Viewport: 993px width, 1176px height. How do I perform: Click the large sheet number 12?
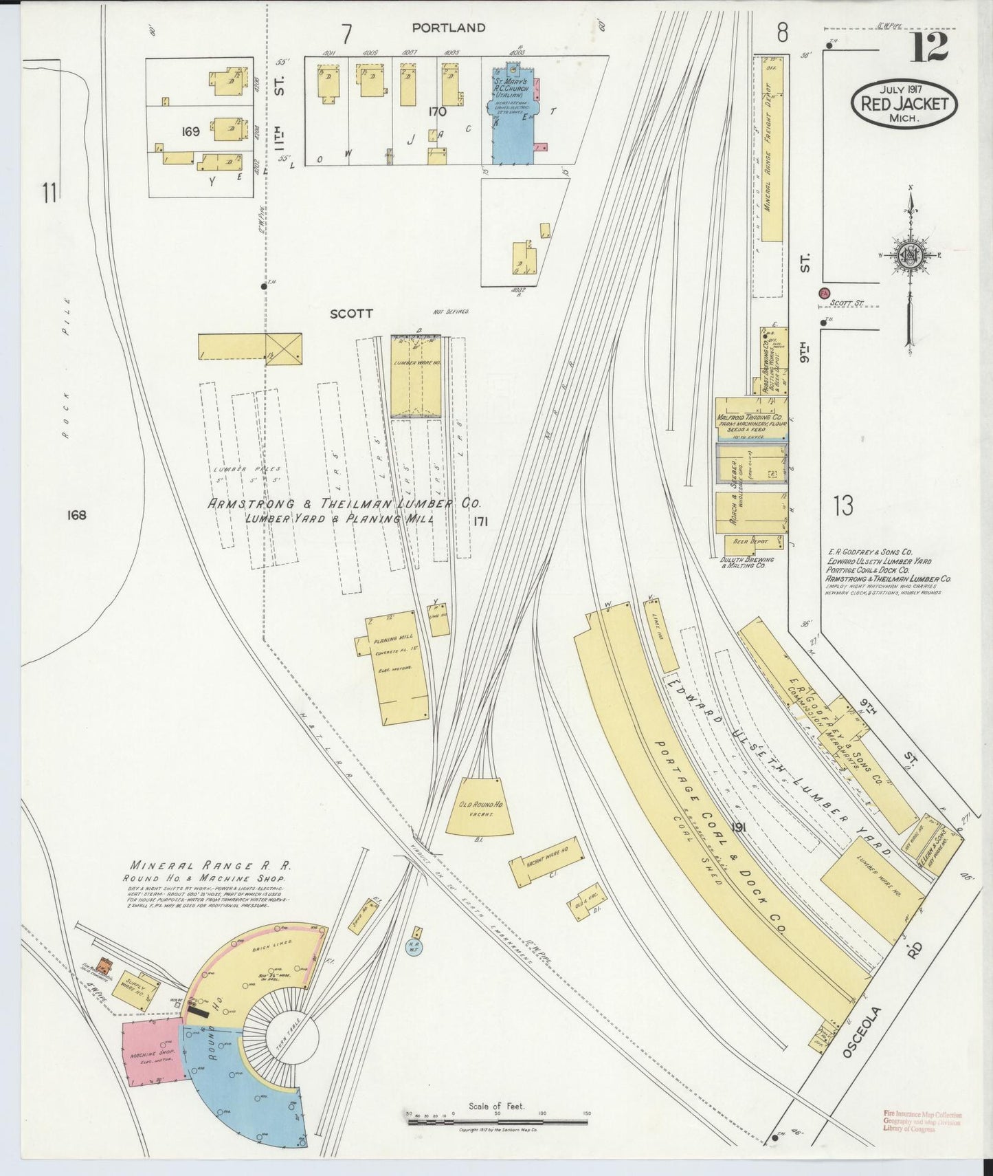coord(930,47)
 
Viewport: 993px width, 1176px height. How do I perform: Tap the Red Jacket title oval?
coord(904,104)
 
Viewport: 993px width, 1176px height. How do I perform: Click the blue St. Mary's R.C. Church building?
coord(513,113)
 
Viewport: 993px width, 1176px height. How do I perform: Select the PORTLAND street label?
coord(449,28)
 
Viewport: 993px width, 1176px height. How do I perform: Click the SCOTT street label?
coord(351,314)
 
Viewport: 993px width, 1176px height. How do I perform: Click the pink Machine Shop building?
coord(153,1055)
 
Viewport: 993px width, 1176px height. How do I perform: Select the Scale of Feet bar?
coord(498,1122)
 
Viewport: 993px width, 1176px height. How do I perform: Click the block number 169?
coord(190,131)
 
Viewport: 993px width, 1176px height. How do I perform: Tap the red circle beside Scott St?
coord(823,294)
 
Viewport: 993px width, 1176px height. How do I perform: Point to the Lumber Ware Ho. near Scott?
coord(416,377)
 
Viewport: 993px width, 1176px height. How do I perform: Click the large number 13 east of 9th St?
coord(843,506)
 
